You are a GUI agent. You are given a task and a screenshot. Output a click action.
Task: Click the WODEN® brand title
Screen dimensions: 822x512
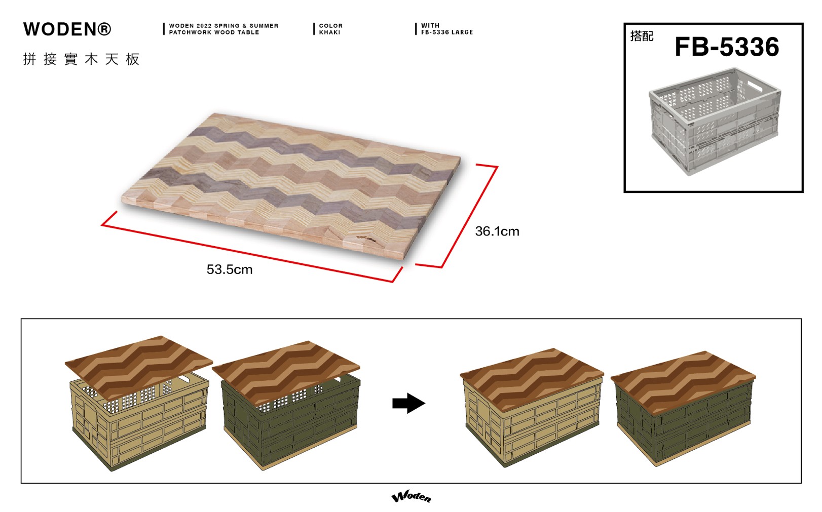tap(67, 29)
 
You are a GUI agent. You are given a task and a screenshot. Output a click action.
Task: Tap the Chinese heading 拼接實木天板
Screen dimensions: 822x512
tap(81, 59)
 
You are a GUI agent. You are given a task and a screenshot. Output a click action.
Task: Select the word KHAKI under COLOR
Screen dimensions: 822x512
tap(329, 32)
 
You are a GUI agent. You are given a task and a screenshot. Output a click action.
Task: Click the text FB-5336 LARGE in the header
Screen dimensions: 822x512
tap(447, 32)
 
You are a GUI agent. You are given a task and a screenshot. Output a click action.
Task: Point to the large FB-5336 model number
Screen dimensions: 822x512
tap(727, 47)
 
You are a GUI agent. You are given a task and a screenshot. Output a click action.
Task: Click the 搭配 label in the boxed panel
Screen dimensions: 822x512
tap(642, 36)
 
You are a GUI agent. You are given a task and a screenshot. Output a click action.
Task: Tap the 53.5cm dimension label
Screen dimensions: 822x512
tap(230, 269)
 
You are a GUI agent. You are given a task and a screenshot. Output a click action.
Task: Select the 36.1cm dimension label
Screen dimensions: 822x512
tap(497, 231)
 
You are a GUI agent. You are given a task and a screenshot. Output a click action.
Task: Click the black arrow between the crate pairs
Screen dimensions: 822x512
tap(408, 404)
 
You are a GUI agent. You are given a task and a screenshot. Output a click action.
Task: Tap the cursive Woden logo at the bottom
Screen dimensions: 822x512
tap(412, 496)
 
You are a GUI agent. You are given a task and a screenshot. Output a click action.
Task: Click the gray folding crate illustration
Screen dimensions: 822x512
tap(715, 122)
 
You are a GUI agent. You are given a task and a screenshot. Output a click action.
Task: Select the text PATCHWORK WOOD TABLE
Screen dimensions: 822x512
tap(214, 32)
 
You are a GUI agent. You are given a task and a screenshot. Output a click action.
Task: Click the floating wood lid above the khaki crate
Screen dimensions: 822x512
tap(139, 368)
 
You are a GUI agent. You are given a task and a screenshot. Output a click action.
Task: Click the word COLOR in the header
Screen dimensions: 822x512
tap(330, 26)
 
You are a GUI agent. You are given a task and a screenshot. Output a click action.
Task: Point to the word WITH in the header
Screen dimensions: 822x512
tap(430, 26)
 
